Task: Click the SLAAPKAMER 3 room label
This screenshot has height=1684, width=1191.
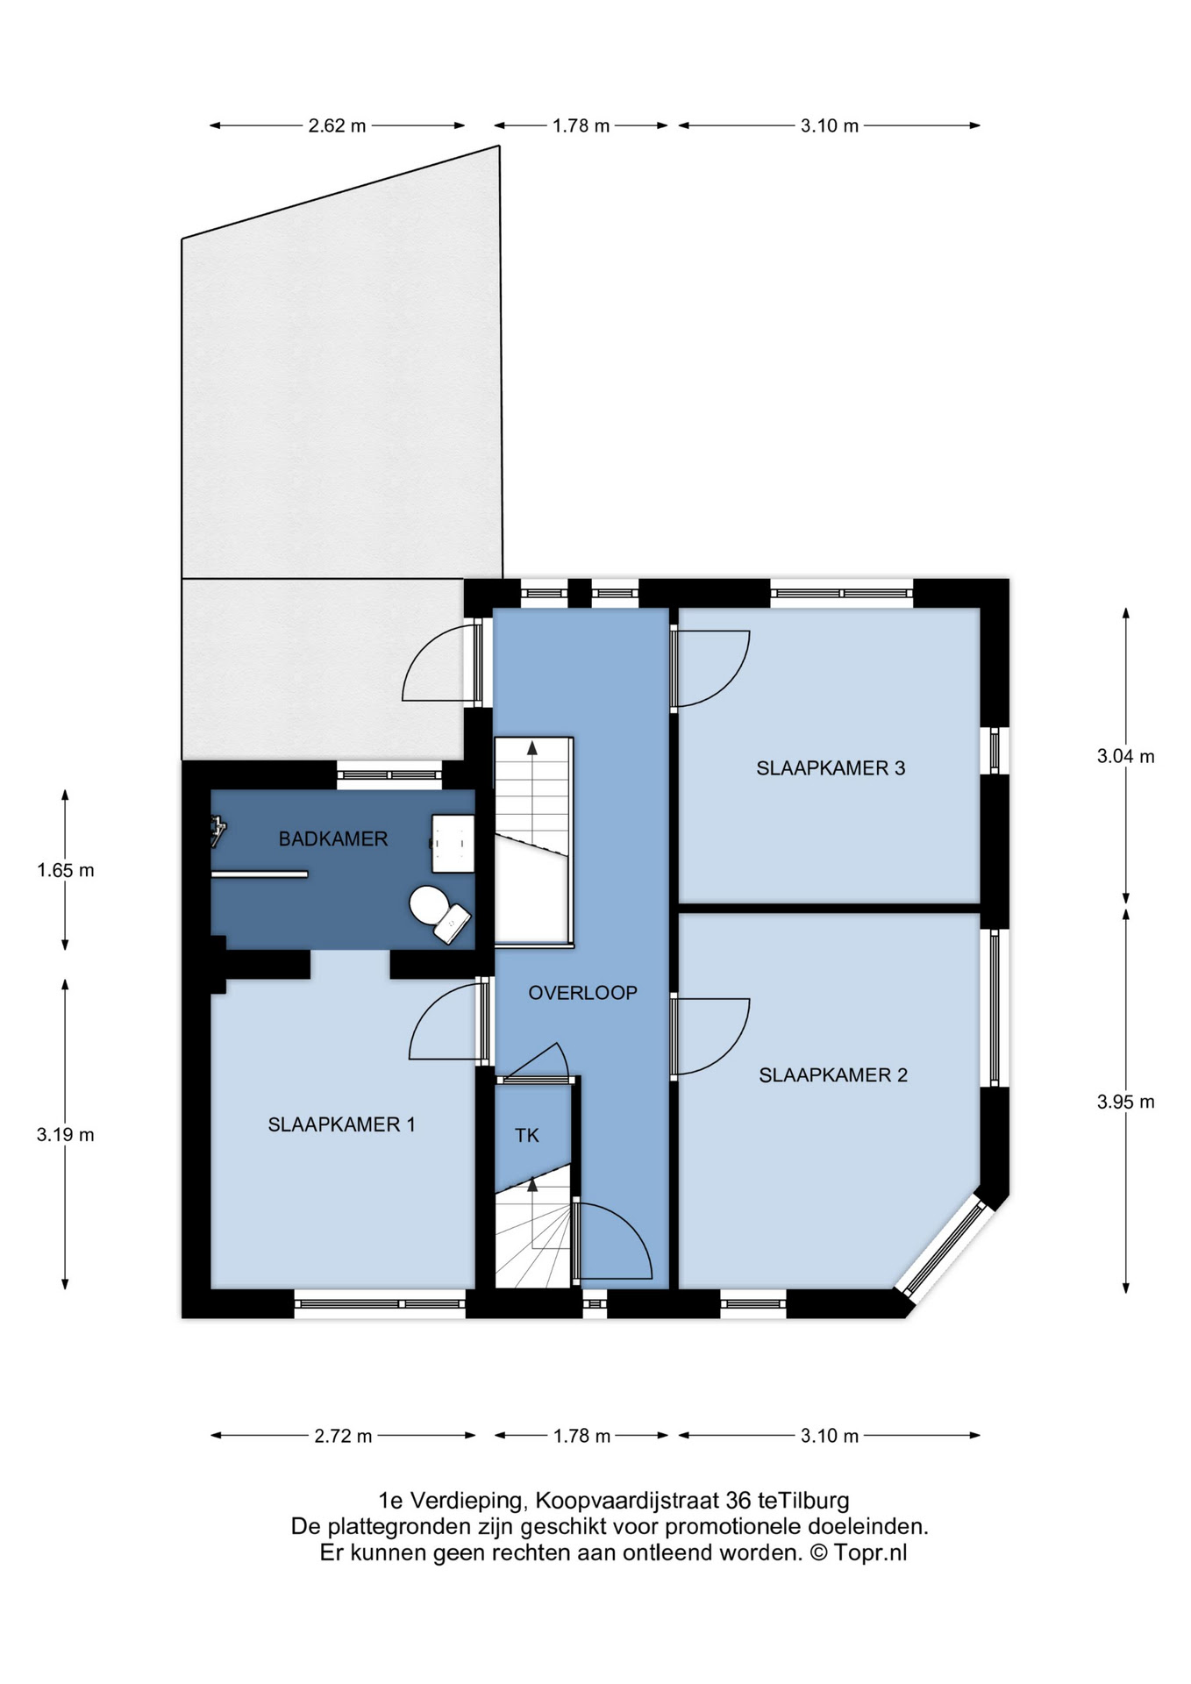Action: point(831,768)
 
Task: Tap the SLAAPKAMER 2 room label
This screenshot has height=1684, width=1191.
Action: point(833,1075)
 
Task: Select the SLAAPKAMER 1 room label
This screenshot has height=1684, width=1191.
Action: point(341,1124)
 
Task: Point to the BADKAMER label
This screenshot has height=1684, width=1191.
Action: point(333,839)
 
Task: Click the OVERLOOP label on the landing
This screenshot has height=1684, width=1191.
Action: point(582,993)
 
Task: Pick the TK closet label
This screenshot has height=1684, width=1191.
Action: point(527,1136)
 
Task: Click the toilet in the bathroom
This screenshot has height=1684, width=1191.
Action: point(439,913)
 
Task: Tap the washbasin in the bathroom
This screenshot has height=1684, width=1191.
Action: point(453,843)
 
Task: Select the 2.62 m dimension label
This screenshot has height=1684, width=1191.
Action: point(337,125)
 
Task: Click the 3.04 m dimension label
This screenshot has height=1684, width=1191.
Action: point(1126,756)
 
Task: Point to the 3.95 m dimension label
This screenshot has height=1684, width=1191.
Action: point(1126,1102)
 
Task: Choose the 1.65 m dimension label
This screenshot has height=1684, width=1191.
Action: point(66,871)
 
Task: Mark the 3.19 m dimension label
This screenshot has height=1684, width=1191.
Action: point(66,1135)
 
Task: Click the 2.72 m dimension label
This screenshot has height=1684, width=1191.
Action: point(343,1436)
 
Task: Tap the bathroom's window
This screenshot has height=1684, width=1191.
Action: point(389,774)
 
